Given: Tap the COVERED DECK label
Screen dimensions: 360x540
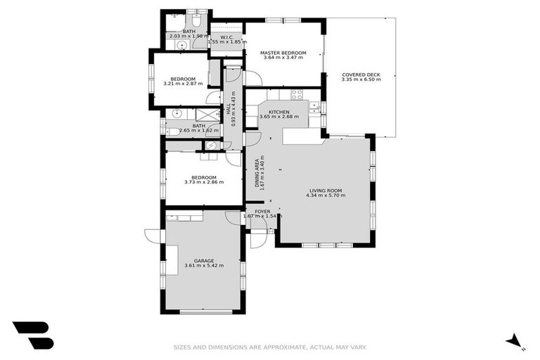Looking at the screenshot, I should (361, 75).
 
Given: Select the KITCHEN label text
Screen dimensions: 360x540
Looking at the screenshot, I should (279, 112).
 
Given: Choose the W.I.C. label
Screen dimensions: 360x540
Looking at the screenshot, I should (226, 37).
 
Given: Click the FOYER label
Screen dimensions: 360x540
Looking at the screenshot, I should (262, 211).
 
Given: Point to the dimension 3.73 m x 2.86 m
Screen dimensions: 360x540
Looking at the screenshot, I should (204, 182).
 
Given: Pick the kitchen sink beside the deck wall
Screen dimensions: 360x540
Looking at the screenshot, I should (316, 108).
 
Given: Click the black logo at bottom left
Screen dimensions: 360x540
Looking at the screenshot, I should (32, 335).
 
